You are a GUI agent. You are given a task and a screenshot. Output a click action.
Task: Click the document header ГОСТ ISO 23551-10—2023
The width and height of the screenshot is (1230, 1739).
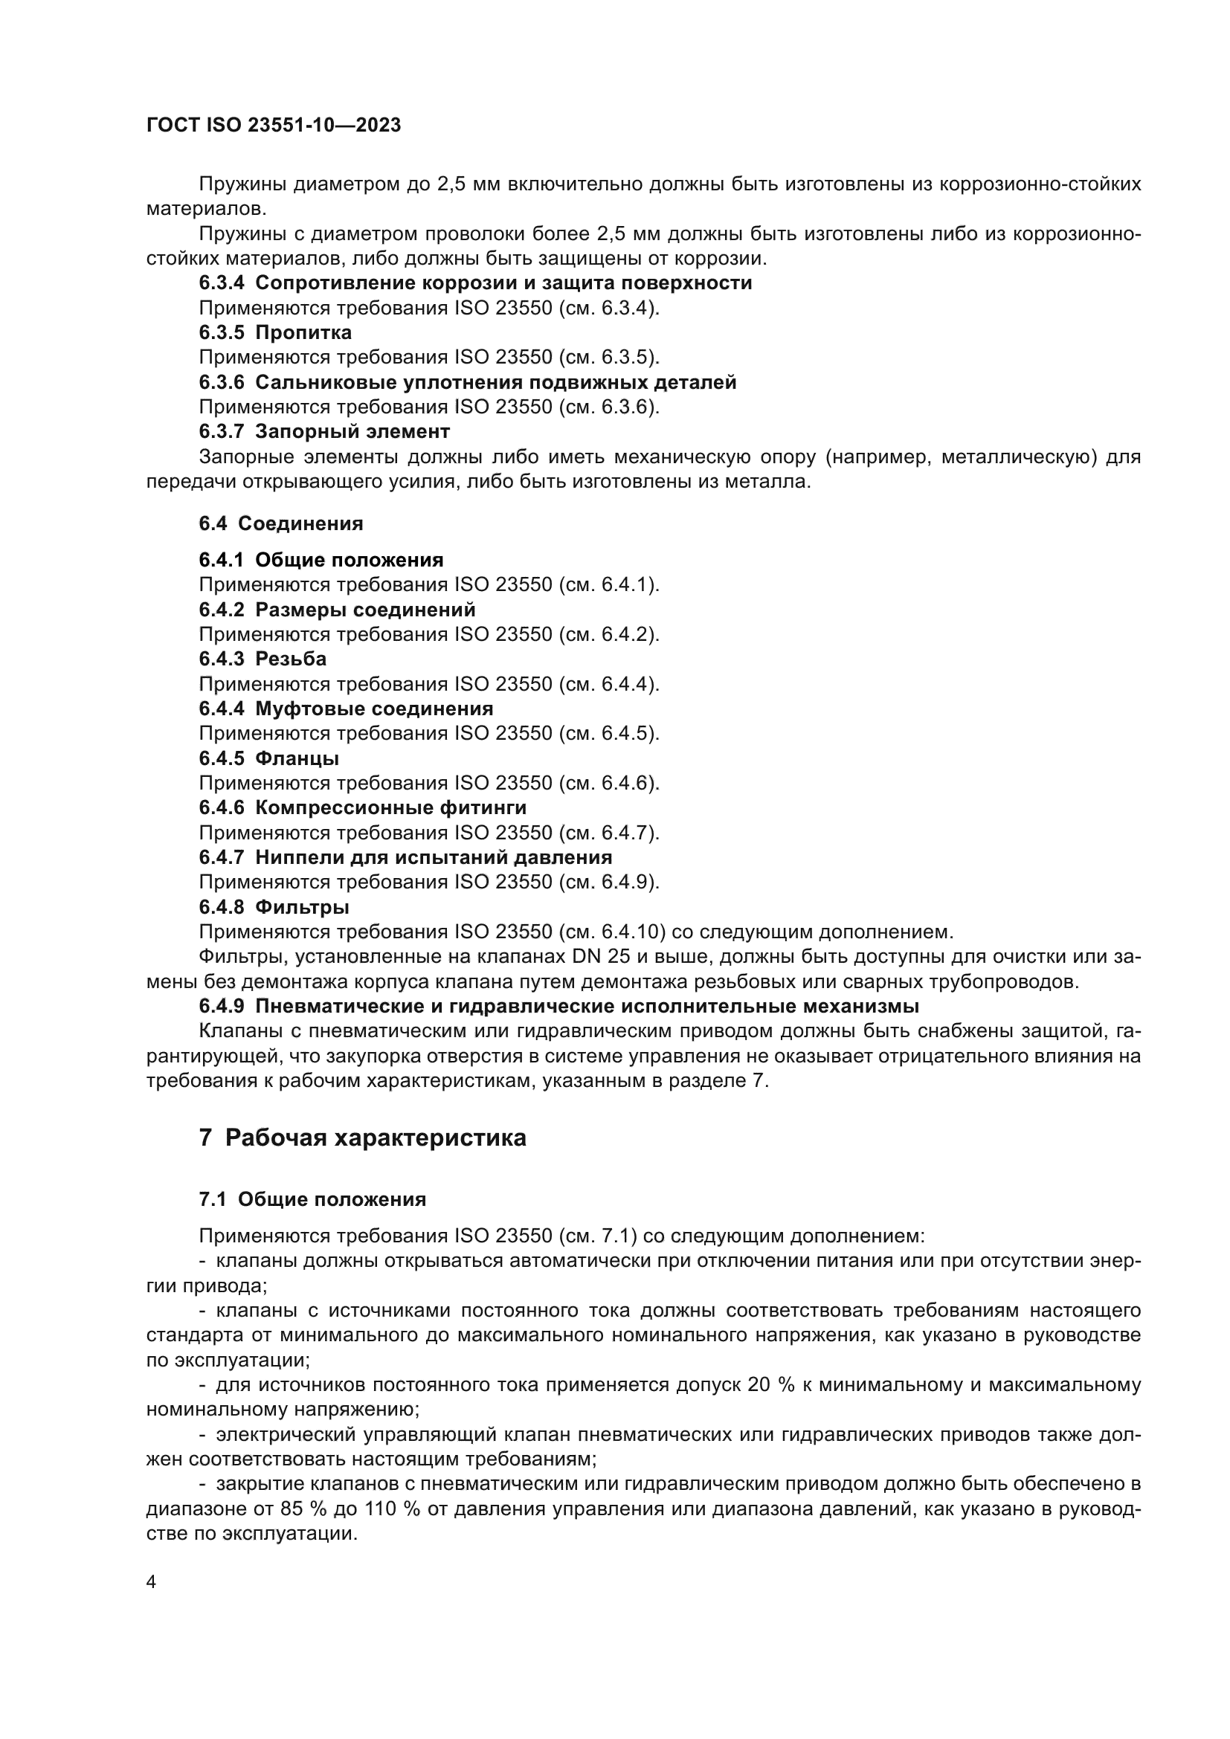(x=274, y=126)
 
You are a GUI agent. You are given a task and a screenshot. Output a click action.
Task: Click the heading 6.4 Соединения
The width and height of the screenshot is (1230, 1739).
(x=281, y=523)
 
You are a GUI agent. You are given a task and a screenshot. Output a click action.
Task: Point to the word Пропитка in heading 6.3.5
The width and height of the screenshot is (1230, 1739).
(x=303, y=332)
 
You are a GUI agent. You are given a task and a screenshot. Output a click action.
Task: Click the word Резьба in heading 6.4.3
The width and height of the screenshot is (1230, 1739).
(x=291, y=659)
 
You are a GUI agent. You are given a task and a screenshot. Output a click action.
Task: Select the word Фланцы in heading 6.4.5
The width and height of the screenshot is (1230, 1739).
(x=297, y=758)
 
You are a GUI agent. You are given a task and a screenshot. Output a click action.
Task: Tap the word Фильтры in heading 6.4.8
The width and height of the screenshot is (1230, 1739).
(x=302, y=906)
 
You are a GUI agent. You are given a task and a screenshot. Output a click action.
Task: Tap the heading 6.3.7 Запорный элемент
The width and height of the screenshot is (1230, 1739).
(x=324, y=432)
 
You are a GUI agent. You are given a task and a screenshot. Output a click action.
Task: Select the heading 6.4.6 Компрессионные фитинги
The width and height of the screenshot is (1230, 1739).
(x=363, y=807)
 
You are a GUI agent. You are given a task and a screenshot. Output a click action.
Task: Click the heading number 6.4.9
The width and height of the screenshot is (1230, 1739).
(x=222, y=1006)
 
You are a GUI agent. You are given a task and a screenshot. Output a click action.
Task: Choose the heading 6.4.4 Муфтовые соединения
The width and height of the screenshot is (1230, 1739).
(x=346, y=709)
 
